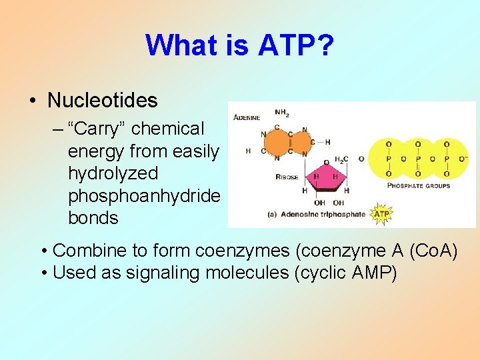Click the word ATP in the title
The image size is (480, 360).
click(x=274, y=45)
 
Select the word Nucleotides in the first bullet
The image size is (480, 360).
click(x=103, y=101)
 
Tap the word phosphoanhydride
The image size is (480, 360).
click(x=144, y=195)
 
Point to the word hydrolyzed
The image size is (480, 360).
click(x=113, y=173)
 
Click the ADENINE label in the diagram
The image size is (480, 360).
click(x=246, y=118)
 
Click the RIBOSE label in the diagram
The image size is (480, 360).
click(x=288, y=177)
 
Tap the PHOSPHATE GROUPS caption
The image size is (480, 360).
click(x=419, y=185)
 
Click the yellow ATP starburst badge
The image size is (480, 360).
click(x=381, y=214)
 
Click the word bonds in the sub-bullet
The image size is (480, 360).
click(x=93, y=218)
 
